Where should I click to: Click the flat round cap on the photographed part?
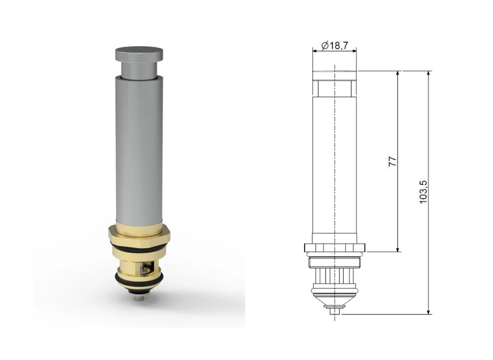(139, 53)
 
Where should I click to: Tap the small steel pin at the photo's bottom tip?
(139, 297)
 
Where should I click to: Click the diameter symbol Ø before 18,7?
(325, 46)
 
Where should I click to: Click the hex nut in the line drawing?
(335, 248)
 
